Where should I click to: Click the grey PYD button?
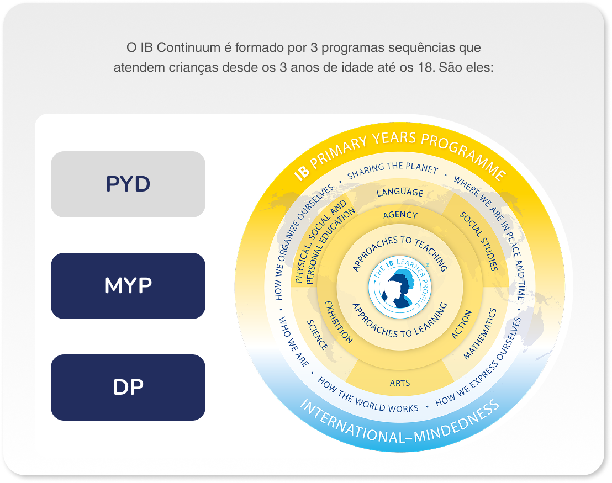point(128,184)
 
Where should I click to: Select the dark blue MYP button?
point(128,286)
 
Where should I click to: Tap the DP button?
point(128,388)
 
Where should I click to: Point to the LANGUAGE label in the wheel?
point(400,193)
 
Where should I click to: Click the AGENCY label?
point(400,215)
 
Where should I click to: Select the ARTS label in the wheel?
point(400,383)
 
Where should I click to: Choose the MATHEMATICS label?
point(480,334)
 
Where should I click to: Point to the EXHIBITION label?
point(339,322)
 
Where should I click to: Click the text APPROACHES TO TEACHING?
point(399,252)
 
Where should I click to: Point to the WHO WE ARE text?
point(293,342)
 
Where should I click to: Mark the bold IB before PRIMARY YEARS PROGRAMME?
point(302,173)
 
